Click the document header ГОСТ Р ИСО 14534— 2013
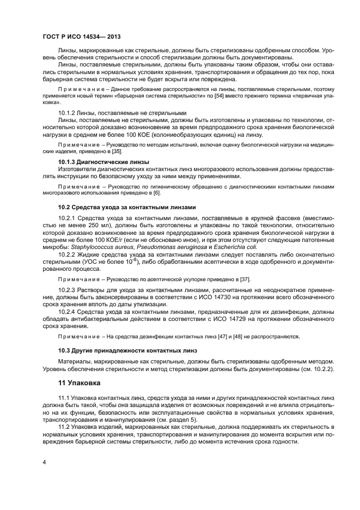coord(81,37)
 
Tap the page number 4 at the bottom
coord(44,462)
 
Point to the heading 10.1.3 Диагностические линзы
coord(103,162)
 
